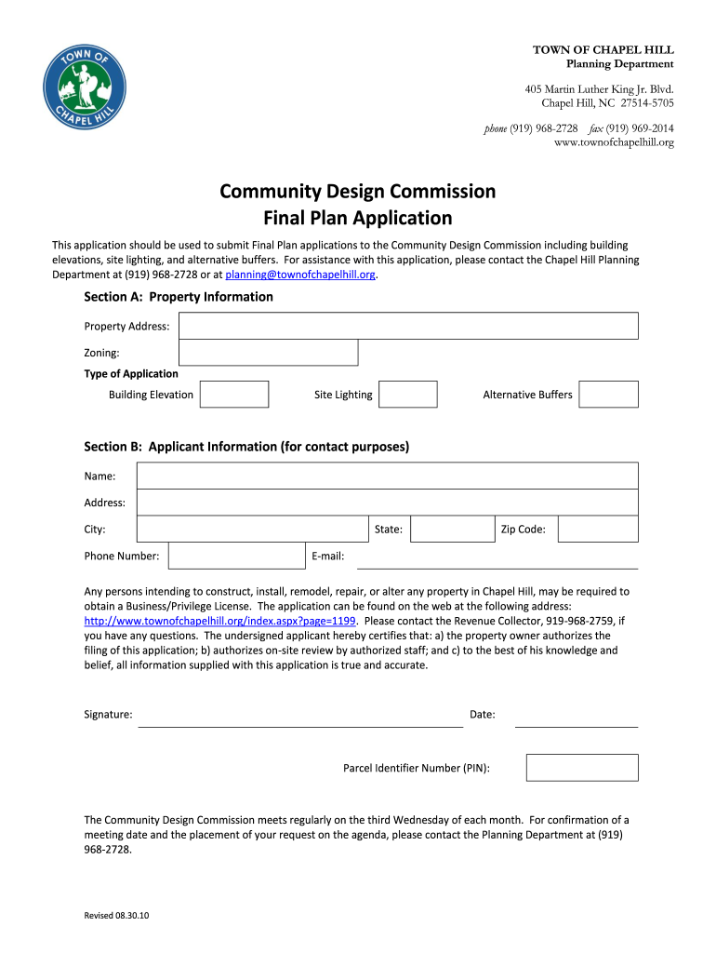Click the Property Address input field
pyautogui.click(x=408, y=326)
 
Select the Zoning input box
pyautogui.click(x=268, y=353)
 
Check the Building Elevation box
pyautogui.click(x=234, y=395)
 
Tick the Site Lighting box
pyautogui.click(x=408, y=395)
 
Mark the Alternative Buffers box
pyautogui.click(x=608, y=395)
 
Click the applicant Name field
pyautogui.click(x=387, y=476)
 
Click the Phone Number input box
pyautogui.click(x=236, y=556)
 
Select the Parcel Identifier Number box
pyautogui.click(x=582, y=768)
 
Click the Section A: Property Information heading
pyautogui.click(x=179, y=297)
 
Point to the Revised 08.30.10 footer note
pyautogui.click(x=117, y=916)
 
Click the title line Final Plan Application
pyautogui.click(x=358, y=219)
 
